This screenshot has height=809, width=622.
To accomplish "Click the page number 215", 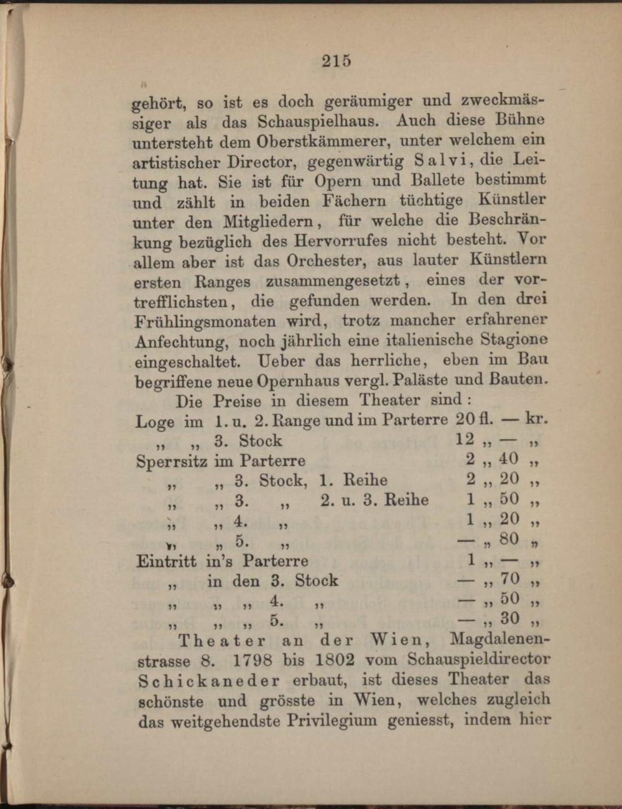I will (x=337, y=60).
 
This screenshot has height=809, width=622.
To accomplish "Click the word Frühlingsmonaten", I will (x=205, y=322).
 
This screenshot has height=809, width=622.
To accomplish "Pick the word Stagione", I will (x=514, y=340).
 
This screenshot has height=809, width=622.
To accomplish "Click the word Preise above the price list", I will (x=238, y=400).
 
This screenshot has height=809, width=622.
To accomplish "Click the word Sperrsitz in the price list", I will (x=171, y=461).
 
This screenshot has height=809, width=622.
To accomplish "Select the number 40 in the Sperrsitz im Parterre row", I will (x=509, y=460).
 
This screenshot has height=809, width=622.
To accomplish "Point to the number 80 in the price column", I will (x=509, y=539).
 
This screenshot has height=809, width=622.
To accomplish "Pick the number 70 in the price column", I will (x=509, y=579).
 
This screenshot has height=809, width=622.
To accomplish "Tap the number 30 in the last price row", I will (x=509, y=618).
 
